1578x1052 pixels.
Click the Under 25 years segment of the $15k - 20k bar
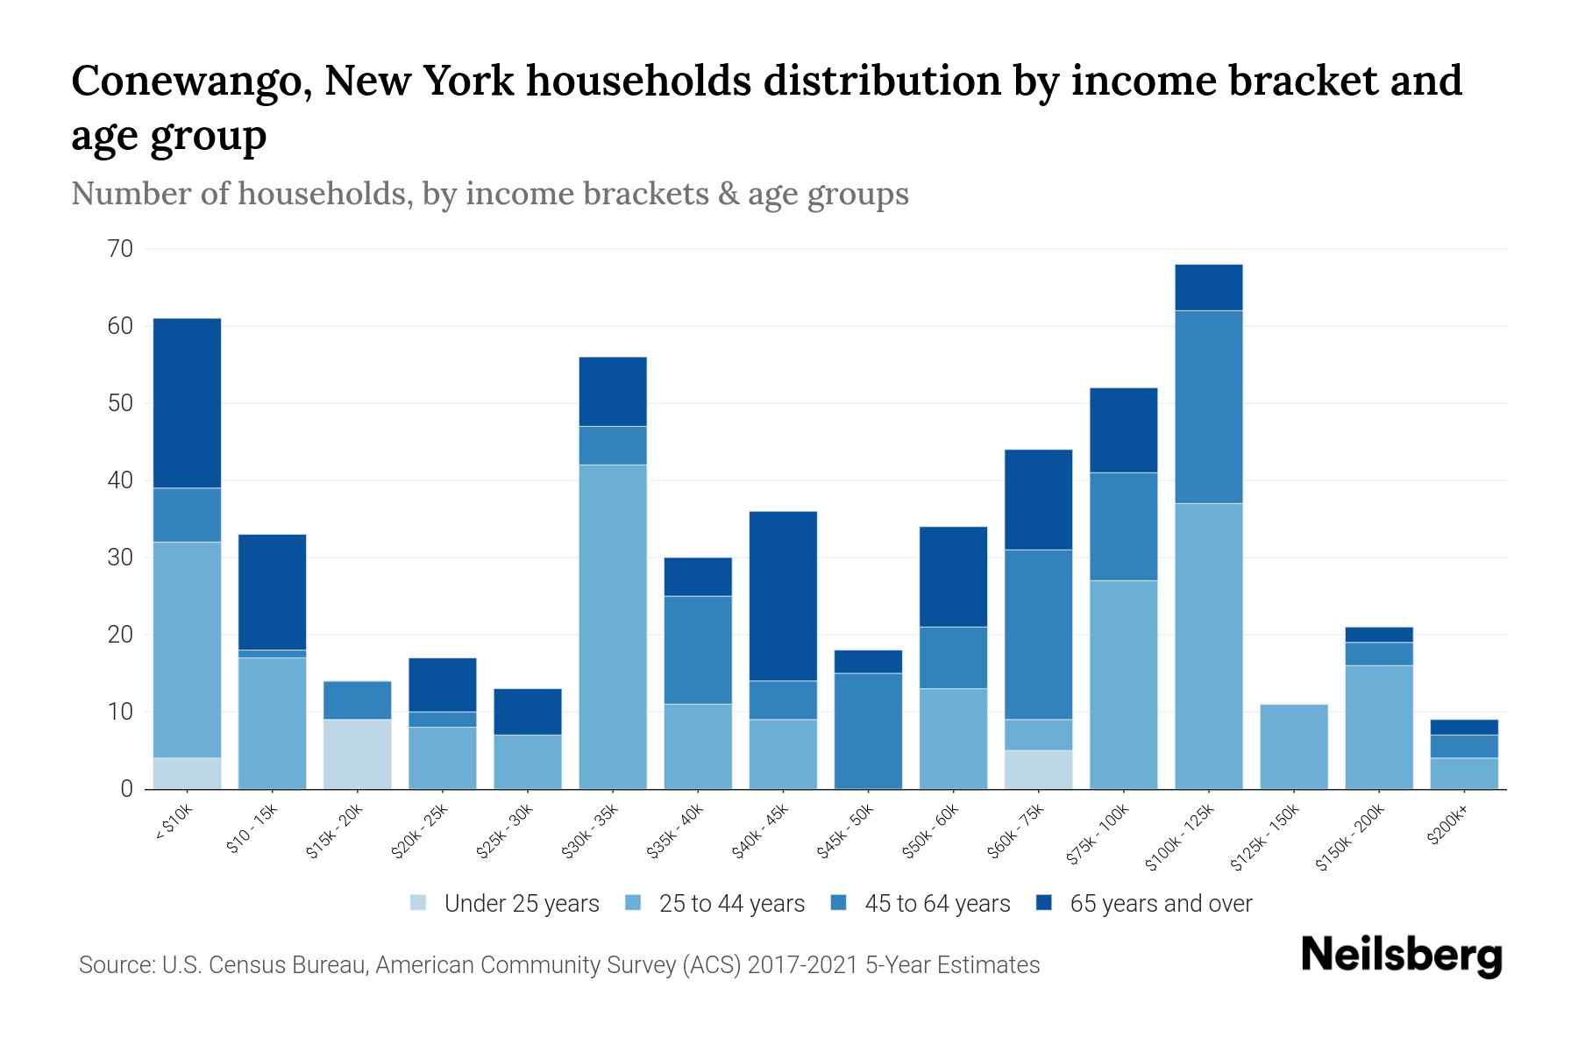[358, 754]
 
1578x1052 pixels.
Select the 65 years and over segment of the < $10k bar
[187, 403]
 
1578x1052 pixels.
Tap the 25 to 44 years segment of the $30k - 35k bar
[613, 627]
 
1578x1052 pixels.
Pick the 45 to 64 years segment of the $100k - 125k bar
[1209, 407]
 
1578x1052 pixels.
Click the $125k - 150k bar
[1294, 747]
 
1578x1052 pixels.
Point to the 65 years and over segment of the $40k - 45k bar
[783, 596]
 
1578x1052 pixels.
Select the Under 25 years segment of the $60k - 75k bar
[1039, 770]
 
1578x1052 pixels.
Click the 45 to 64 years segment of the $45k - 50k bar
[868, 731]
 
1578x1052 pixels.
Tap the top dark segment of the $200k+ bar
[1464, 727]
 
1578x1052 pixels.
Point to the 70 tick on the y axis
[121, 250]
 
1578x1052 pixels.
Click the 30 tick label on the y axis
[121, 558]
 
